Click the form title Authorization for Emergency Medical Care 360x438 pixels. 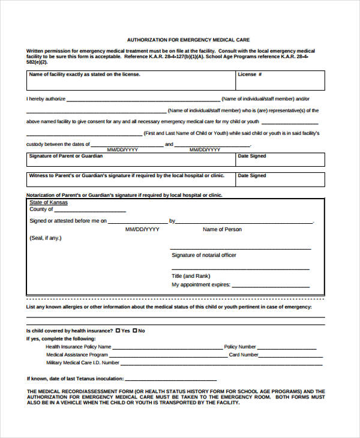coord(188,40)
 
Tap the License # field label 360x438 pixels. coord(247,74)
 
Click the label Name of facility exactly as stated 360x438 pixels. coord(85,74)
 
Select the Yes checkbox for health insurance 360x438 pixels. coord(118,331)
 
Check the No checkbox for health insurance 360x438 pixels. coord(136,331)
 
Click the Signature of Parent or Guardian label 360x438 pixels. coord(66,156)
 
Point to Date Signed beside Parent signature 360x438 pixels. coord(252,156)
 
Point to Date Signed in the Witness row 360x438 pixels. coord(252,176)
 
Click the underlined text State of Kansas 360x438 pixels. coord(49,203)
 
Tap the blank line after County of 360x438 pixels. coord(91,211)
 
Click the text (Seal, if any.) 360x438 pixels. coord(46,238)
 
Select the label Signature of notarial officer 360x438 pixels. coord(204,255)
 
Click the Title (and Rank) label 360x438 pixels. coord(191,276)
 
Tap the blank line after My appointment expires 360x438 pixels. coord(271,286)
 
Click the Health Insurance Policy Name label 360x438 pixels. coord(79,347)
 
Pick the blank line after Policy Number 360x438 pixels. coord(287,348)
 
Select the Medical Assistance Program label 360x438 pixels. coord(77,355)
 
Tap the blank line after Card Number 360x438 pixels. coord(290,356)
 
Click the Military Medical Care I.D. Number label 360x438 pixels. coord(83,362)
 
